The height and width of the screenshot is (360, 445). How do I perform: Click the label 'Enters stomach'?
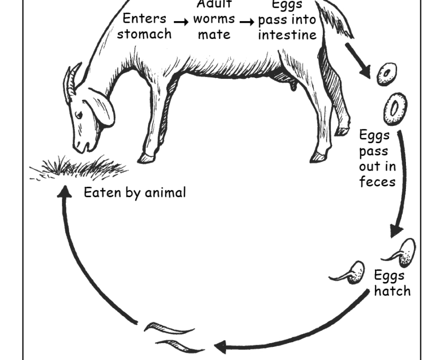coord(144,26)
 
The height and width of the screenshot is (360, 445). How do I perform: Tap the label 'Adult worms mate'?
coord(214,21)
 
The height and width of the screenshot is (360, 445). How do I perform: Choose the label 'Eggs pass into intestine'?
coord(287,21)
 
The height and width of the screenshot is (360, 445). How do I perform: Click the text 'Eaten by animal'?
coord(135,193)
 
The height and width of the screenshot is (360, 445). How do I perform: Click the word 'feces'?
coord(377,182)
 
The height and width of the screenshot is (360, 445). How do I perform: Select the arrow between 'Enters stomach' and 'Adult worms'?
coord(181,22)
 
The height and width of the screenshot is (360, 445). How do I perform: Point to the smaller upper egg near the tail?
coord(387,74)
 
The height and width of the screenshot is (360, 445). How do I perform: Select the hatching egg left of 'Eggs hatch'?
coord(351,273)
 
